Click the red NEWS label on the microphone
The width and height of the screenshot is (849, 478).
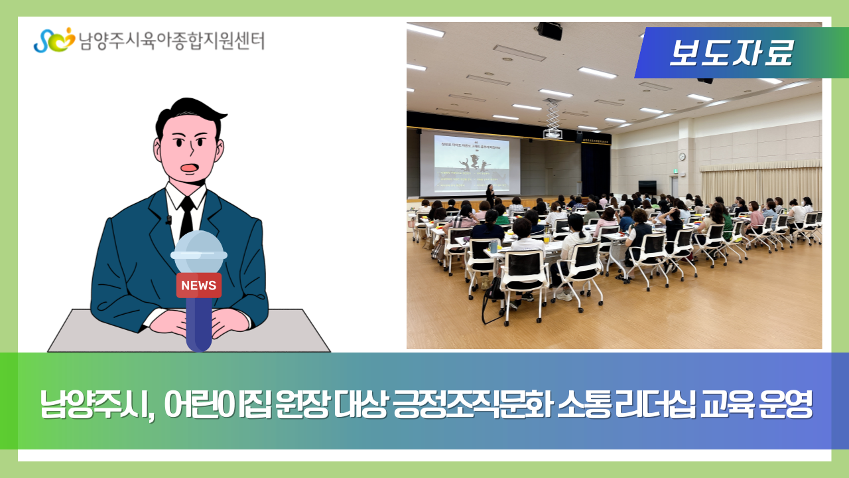(198, 285)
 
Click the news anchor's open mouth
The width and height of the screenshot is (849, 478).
(189, 167)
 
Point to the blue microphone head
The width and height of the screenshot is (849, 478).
(198, 252)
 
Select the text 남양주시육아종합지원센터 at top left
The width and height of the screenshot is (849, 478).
(171, 40)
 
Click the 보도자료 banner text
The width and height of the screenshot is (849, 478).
(730, 53)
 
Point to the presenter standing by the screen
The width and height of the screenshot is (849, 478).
(490, 195)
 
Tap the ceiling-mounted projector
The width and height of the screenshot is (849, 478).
(553, 133)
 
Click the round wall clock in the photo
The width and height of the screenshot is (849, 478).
(682, 157)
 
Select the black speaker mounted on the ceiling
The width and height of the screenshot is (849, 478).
(549, 31)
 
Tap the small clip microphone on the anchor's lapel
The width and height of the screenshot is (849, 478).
(168, 220)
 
